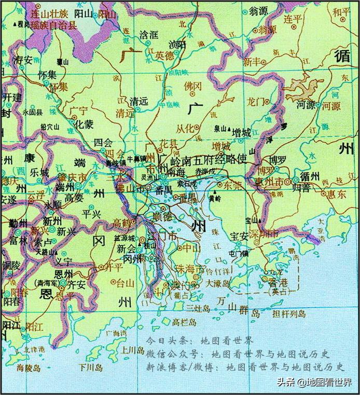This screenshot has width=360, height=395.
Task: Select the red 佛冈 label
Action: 192,85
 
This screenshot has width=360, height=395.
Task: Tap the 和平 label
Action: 342,12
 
